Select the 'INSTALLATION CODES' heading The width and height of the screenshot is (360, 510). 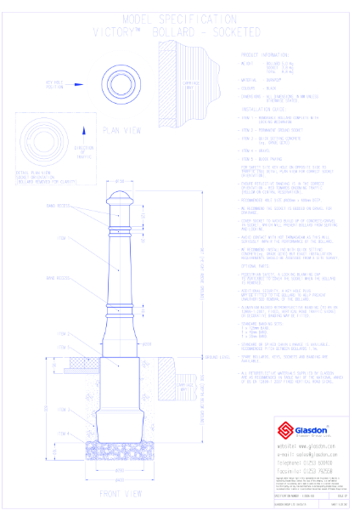(269, 110)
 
